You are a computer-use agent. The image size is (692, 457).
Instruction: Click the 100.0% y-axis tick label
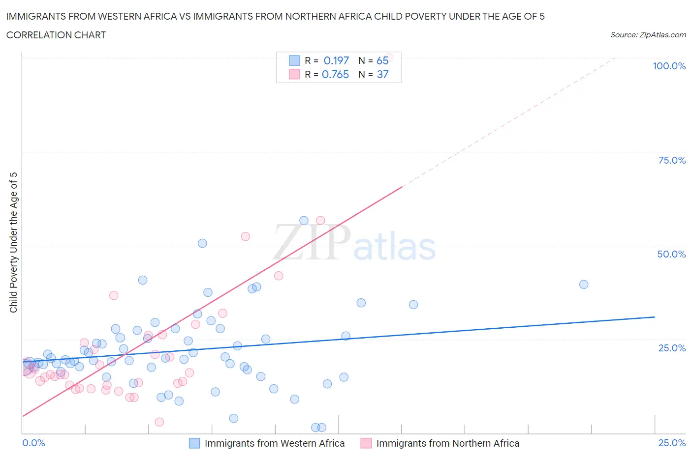[669, 66]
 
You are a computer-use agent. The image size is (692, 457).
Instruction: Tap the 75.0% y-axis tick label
[672, 160]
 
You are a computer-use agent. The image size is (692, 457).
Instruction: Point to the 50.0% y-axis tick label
[671, 254]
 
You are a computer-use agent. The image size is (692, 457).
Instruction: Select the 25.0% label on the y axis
[672, 348]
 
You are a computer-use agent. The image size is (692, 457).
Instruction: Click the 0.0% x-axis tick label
[33, 443]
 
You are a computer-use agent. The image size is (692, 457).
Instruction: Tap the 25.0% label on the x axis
[672, 443]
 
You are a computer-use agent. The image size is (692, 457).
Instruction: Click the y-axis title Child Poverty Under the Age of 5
[13, 242]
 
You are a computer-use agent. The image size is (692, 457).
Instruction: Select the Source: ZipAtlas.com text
[648, 34]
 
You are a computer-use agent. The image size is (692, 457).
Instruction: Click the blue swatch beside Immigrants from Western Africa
[194, 443]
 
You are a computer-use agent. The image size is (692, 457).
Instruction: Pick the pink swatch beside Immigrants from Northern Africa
[366, 443]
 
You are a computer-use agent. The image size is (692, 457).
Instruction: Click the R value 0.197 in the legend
[336, 60]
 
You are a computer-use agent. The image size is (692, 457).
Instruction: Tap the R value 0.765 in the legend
[335, 74]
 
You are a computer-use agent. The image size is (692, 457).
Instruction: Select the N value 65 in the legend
[382, 60]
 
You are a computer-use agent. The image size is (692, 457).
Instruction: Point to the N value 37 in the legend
[382, 74]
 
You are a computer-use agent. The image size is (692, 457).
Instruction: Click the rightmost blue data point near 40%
[584, 284]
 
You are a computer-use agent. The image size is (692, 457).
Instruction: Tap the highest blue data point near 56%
[304, 221]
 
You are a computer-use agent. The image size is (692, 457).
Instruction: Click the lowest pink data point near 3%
[159, 422]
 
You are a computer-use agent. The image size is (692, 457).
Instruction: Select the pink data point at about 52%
[245, 236]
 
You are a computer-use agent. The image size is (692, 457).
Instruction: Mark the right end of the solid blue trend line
[655, 317]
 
